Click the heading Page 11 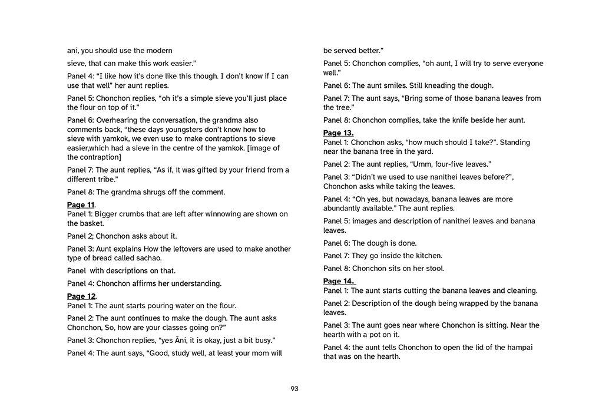(x=81, y=204)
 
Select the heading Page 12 (x=81, y=296)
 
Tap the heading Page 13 (x=338, y=133)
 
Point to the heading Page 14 (x=338, y=281)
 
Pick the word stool (x=434, y=268)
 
